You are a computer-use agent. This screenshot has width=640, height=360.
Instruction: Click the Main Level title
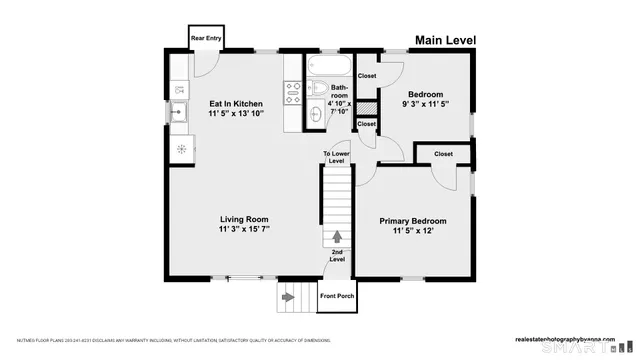445,41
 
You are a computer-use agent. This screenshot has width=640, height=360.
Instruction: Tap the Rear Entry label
206,40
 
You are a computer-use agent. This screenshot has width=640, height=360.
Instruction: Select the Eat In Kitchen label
235,104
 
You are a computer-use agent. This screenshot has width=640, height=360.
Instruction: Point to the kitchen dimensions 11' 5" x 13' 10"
235,115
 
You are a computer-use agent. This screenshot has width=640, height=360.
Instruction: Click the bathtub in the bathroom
327,67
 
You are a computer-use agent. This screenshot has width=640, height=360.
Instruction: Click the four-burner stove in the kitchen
294,94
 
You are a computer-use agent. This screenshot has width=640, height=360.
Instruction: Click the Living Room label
244,219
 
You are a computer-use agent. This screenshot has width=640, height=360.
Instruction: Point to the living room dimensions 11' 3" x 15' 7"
244,230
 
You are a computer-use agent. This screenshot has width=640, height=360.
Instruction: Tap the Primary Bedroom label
412,220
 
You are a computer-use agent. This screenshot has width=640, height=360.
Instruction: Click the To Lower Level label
336,157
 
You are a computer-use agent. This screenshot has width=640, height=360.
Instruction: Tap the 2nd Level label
337,256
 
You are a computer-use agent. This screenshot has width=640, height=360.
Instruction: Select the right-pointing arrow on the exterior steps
290,296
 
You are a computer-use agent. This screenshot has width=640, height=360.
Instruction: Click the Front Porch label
336,296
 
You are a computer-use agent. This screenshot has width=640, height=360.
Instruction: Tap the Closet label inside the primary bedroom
443,154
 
